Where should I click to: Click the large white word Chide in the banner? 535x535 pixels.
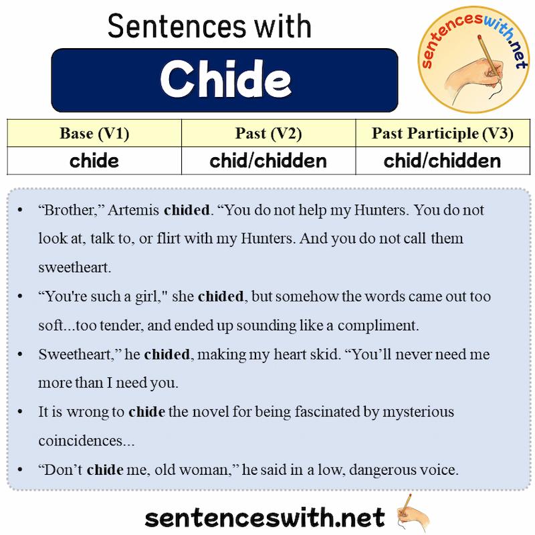[225, 80]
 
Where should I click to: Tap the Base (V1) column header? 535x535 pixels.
[94, 133]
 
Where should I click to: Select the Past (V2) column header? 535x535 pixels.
[268, 133]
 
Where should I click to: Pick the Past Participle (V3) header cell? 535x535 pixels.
[442, 133]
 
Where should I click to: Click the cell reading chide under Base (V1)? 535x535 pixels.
[94, 161]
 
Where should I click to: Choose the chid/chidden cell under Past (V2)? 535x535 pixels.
[268, 161]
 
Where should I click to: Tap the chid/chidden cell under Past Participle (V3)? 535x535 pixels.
[442, 161]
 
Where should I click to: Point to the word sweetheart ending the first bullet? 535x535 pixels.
[74, 267]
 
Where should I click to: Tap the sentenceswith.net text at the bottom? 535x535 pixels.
[265, 517]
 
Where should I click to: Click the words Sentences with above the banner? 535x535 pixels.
[209, 26]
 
